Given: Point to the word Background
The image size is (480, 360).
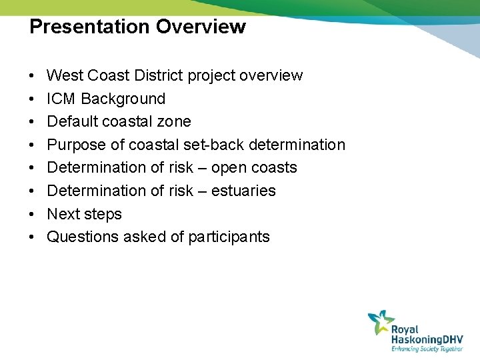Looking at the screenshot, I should [123, 99].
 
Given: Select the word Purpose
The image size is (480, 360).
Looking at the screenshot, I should [77, 145].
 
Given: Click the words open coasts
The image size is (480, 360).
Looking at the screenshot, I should [254, 167].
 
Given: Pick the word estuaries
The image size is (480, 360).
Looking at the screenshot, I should [243, 191].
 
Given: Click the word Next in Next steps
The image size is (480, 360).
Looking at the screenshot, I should [63, 214].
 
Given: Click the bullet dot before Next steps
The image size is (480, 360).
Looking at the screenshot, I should [33, 215].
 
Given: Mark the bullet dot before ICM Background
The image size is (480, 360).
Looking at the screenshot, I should [33, 99].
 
